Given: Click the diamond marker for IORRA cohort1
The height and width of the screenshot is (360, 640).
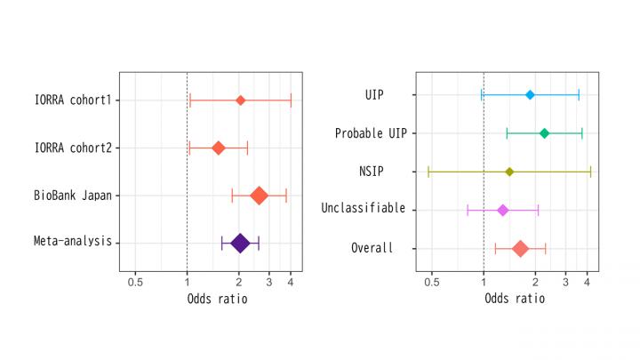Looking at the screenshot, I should point(240,100).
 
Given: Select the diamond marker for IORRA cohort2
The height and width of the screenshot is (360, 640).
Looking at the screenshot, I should point(218,148).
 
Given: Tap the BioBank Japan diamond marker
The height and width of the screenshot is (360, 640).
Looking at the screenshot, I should point(259,196).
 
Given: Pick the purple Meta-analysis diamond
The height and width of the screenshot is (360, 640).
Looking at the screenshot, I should point(240,243).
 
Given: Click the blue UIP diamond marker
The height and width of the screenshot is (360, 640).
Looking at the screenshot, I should point(531,94).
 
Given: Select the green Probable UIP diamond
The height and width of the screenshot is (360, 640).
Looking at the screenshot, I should point(545,133).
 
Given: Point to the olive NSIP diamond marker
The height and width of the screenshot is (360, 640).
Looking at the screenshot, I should point(509,172).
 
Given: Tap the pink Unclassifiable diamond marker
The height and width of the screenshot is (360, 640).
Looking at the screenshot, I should point(502,210).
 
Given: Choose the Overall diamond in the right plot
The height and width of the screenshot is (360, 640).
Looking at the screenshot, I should point(520,249).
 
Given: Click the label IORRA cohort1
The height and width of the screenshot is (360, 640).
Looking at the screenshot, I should point(72,100).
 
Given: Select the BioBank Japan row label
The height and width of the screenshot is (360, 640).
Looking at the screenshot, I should point(72,196).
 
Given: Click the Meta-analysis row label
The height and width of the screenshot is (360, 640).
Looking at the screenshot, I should point(74,243).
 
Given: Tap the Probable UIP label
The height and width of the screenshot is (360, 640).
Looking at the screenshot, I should point(370,133).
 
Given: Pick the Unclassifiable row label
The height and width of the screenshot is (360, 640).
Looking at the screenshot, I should point(363,209).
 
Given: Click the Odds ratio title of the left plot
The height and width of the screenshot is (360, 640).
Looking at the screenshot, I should point(217,299).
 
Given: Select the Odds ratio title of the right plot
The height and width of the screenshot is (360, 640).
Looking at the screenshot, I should point(515,299).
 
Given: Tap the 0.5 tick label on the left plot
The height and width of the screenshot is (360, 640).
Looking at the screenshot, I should point(135,282).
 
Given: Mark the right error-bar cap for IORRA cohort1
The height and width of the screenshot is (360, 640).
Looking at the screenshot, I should point(291,100).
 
